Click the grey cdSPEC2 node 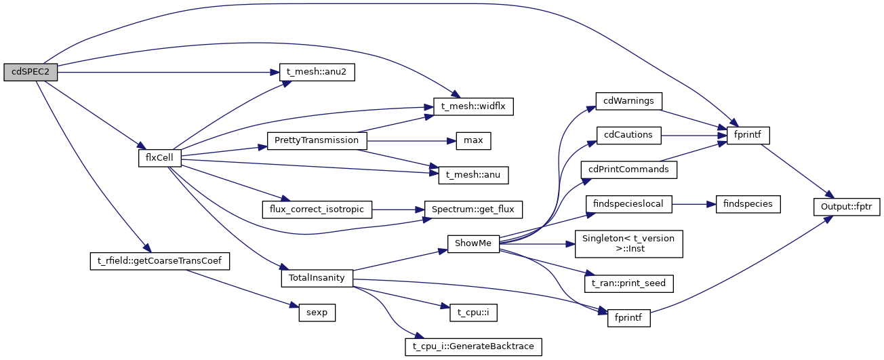[x=31, y=73]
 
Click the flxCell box [x=155, y=157]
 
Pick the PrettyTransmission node [x=317, y=140]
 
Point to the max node [x=473, y=140]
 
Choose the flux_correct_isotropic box [x=317, y=209]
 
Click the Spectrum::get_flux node [x=473, y=209]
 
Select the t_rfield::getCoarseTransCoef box [x=159, y=260]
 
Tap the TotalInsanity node [x=317, y=277]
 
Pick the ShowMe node [x=473, y=243]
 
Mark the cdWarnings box [x=628, y=101]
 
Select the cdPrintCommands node [x=629, y=169]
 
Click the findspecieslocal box [x=628, y=203]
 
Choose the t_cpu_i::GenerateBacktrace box [x=473, y=346]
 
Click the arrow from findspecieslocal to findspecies [x=694, y=203]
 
